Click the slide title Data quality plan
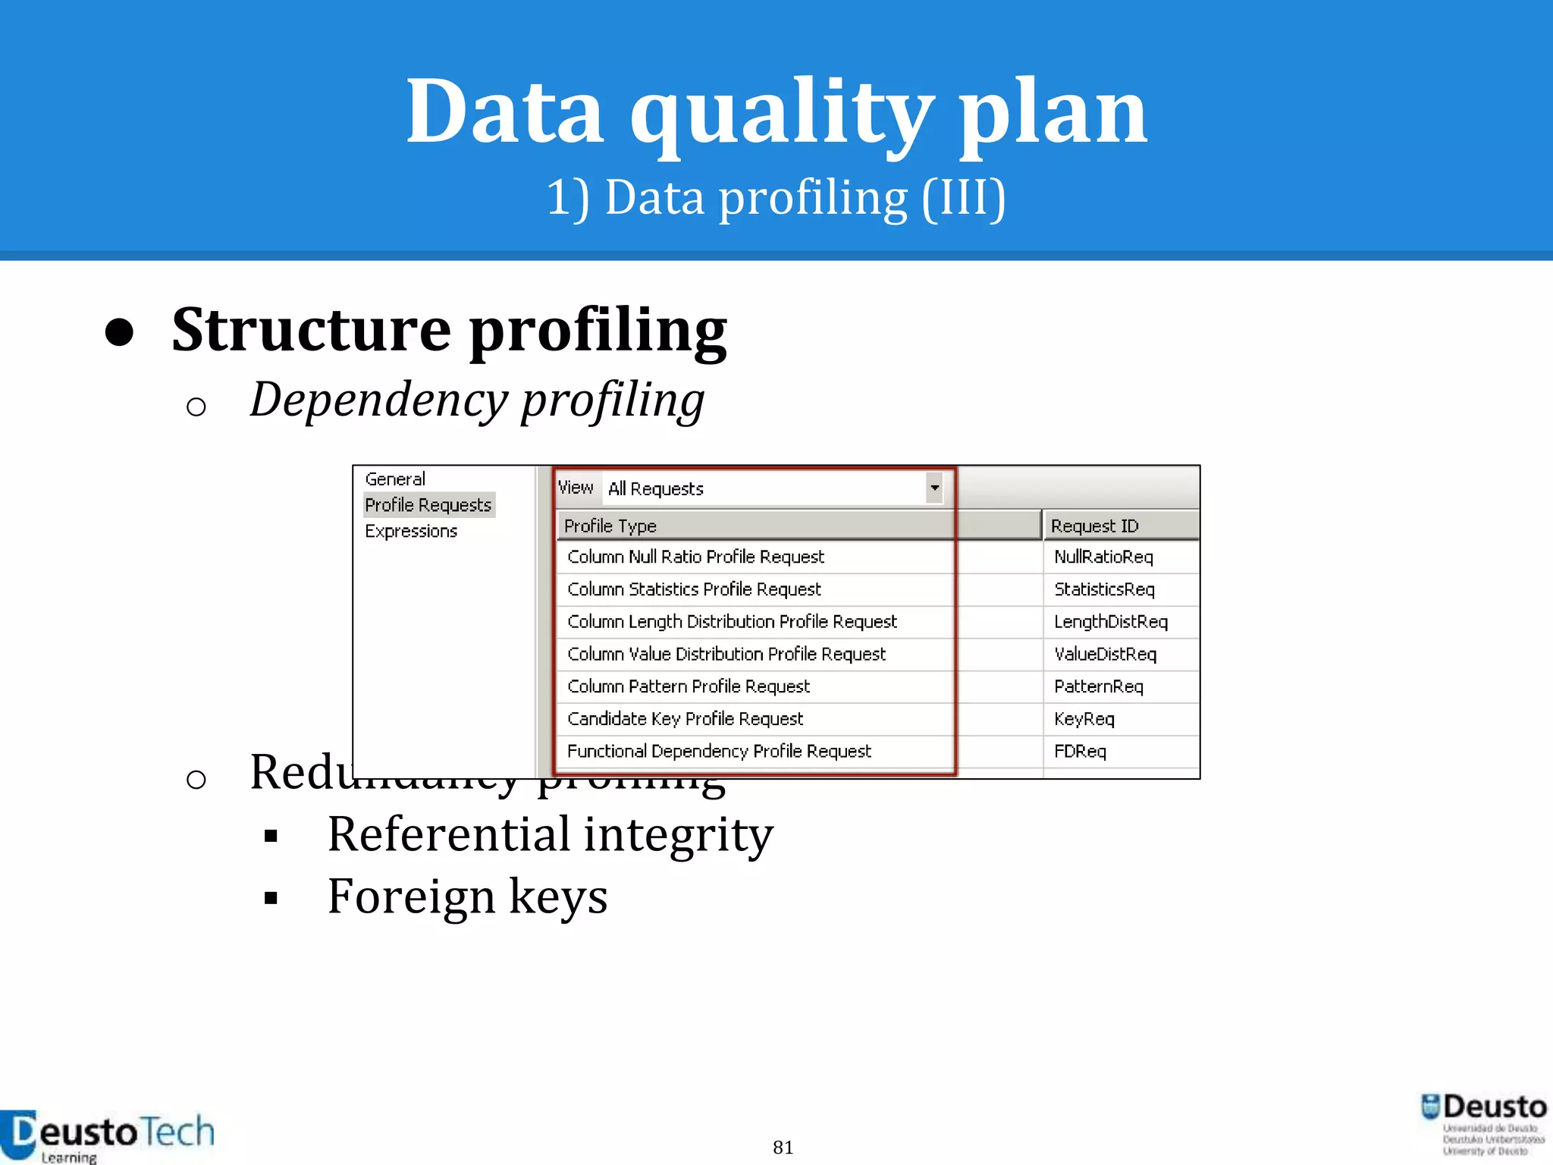(776, 112)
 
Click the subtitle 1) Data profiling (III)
(776, 199)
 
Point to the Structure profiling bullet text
(449, 331)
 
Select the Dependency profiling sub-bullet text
(477, 400)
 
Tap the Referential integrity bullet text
(550, 834)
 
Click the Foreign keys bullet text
(467, 897)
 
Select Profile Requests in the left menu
(428, 505)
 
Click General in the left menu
(395, 479)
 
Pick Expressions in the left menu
(411, 531)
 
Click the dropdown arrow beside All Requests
(934, 488)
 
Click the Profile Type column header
(610, 526)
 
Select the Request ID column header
(1095, 526)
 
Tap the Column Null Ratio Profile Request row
(695, 557)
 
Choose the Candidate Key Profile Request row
(685, 718)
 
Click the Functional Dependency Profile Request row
(719, 751)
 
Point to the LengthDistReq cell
(1111, 622)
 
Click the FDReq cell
(1081, 752)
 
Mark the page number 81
(783, 1148)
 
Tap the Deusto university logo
(1484, 1123)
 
